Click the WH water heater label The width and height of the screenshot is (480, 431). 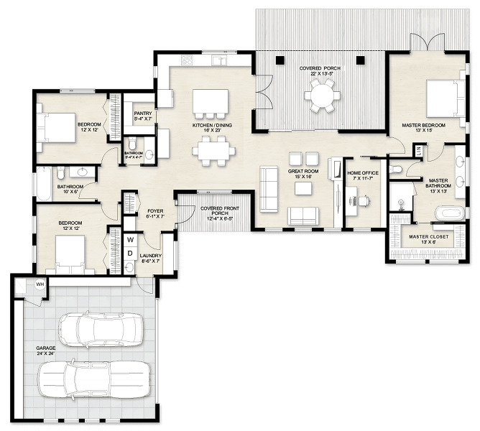tap(40, 284)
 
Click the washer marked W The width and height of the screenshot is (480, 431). tap(131, 239)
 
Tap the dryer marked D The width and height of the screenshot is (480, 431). tap(131, 253)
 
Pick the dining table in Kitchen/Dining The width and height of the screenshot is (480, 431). tap(213, 151)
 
